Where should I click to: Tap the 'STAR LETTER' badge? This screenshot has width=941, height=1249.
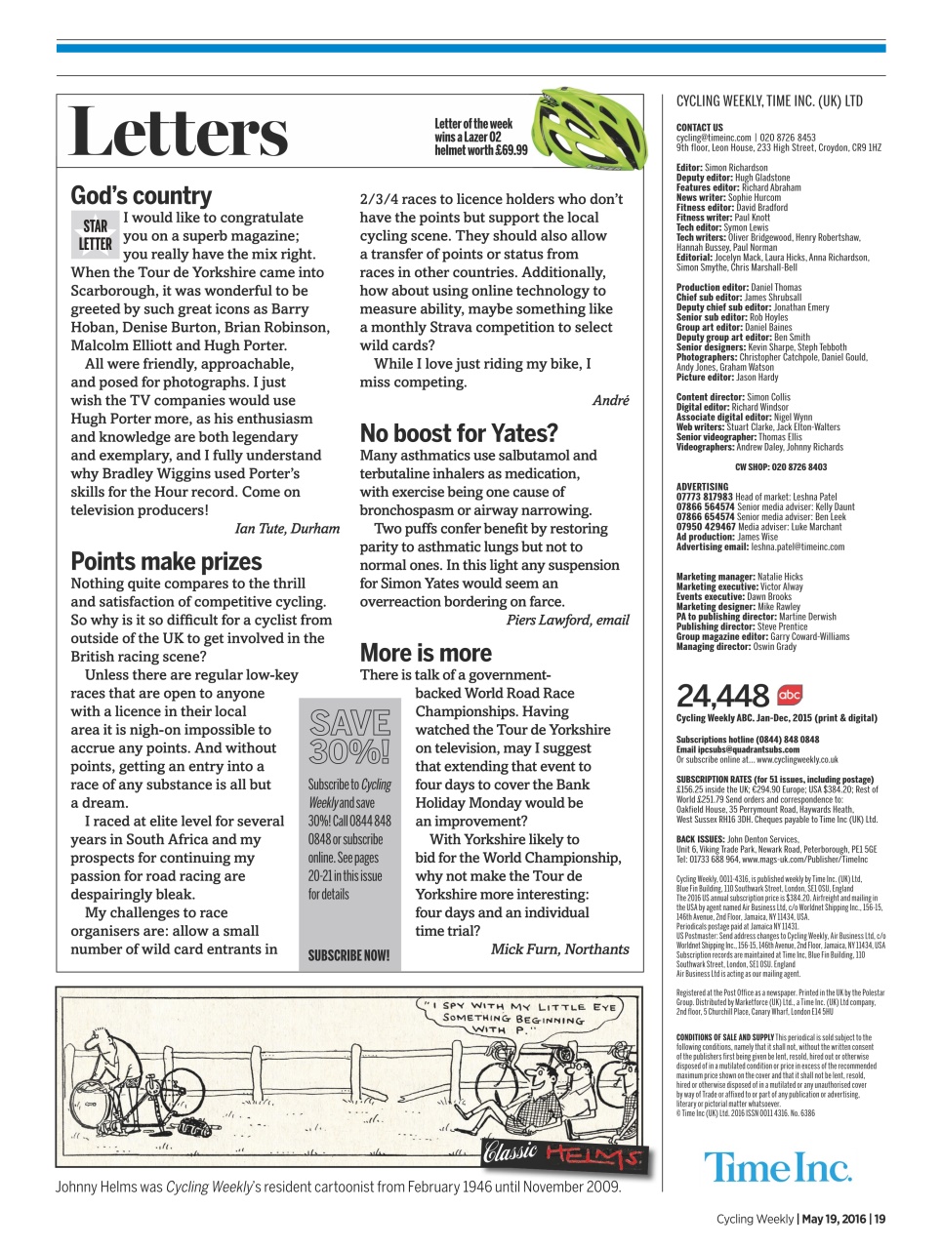click(95, 235)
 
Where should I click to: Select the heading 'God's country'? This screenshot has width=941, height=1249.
click(141, 195)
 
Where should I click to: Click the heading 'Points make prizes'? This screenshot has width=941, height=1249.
click(166, 561)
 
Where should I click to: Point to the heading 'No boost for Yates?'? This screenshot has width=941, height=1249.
click(459, 433)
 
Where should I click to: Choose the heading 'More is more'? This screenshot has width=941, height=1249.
click(426, 653)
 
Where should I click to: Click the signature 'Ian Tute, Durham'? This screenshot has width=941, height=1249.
click(287, 529)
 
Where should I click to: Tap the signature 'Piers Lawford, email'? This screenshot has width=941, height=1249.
click(567, 620)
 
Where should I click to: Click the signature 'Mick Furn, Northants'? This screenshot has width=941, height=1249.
click(559, 948)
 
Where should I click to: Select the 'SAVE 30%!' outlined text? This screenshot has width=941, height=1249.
click(349, 737)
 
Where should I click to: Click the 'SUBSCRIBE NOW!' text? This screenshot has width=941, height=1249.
click(348, 955)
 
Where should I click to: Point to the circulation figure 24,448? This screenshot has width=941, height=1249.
click(722, 696)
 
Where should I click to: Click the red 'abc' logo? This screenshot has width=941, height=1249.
click(789, 695)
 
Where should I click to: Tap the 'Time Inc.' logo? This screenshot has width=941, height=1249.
click(777, 1167)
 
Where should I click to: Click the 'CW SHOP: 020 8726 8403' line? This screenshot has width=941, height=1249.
click(780, 466)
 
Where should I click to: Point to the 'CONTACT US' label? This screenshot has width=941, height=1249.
click(699, 128)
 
